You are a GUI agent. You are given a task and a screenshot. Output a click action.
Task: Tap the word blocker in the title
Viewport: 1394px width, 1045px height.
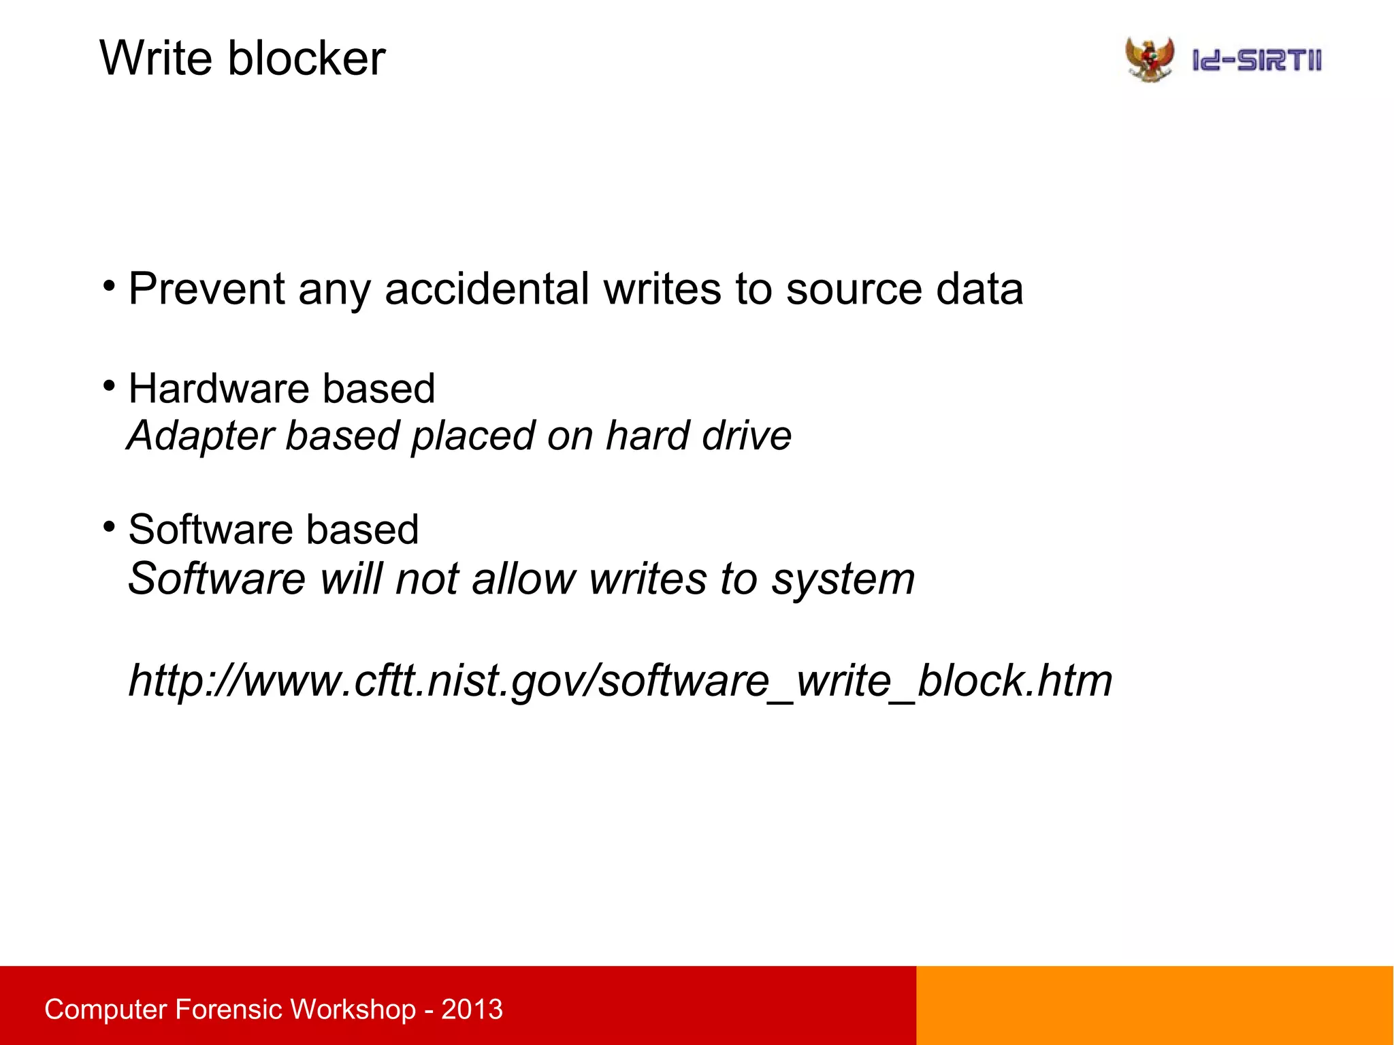306,59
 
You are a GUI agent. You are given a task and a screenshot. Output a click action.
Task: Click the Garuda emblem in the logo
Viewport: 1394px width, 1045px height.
1150,60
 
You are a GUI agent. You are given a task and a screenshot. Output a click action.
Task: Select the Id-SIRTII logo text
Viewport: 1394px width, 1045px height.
1257,61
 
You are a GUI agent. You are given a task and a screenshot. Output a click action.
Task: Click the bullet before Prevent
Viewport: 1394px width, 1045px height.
109,285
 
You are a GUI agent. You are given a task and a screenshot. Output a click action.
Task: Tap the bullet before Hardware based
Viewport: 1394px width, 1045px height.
109,386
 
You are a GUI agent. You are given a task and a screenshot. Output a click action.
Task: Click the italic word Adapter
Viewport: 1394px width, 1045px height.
201,436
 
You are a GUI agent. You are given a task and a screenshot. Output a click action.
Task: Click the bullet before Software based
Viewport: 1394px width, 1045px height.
109,527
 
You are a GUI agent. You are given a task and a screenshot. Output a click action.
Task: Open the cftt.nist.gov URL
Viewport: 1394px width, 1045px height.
620,680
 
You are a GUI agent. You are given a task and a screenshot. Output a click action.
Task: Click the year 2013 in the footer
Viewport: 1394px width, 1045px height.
472,1009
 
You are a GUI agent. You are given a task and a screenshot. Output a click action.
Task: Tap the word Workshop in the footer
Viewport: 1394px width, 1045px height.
353,1009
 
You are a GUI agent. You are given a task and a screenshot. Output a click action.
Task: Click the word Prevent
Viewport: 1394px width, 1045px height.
206,289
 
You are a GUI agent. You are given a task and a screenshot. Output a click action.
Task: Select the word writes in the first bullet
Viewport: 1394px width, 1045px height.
662,289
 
